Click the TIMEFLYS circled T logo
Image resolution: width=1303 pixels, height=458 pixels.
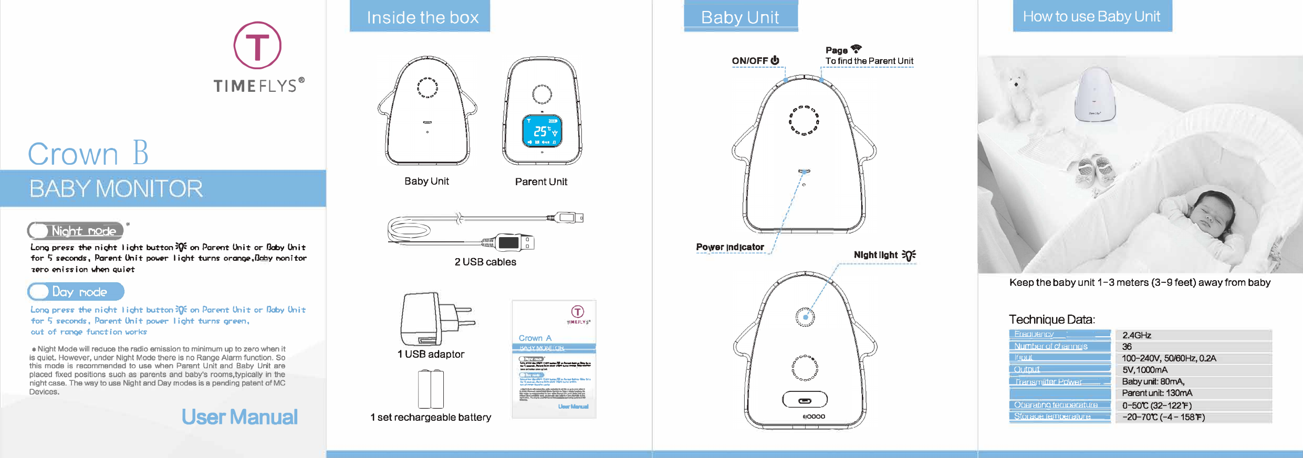click(x=257, y=46)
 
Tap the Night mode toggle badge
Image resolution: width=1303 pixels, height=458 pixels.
click(x=76, y=230)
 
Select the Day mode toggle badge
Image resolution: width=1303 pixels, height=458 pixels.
click(x=76, y=292)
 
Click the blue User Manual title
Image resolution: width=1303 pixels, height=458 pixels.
click(x=239, y=417)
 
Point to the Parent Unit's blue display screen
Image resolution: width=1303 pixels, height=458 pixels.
click(x=542, y=131)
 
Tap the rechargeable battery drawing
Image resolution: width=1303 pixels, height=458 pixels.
click(x=431, y=389)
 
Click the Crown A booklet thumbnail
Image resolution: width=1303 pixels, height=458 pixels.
click(x=554, y=359)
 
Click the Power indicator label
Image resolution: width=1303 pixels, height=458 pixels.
click(x=730, y=247)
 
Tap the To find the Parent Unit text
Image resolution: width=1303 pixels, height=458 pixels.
click(x=869, y=61)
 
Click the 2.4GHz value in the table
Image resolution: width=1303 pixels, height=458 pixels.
click(x=1137, y=335)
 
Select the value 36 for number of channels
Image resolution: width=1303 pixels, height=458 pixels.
click(x=1127, y=347)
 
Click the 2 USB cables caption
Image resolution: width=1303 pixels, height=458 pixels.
click(x=485, y=262)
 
